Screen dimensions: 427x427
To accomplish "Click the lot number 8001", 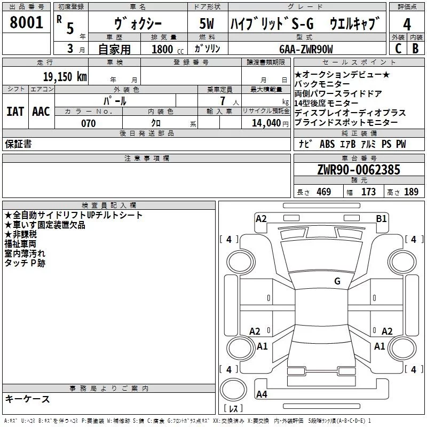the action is (26, 22).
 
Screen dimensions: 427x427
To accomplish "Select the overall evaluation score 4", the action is (407, 24).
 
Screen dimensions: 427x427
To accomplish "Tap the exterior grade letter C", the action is (398, 48).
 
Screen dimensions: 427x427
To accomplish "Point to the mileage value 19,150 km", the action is (65, 76).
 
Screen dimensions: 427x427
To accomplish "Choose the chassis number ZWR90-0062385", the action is (359, 170).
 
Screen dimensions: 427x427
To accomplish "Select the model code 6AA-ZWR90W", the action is (306, 49).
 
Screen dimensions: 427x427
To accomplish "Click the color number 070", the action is (88, 123).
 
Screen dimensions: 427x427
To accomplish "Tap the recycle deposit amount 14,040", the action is (270, 123).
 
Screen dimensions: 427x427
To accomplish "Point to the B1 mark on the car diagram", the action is (381, 218).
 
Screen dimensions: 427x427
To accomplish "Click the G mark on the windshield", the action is (337, 281).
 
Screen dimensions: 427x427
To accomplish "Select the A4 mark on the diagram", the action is (262, 394).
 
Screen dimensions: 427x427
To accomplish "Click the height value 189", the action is (411, 192).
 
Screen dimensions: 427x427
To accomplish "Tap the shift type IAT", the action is (15, 111).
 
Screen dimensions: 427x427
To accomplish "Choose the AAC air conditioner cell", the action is (41, 111).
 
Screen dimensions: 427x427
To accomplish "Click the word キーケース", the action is (27, 399).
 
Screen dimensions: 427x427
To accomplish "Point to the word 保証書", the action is (18, 144).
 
